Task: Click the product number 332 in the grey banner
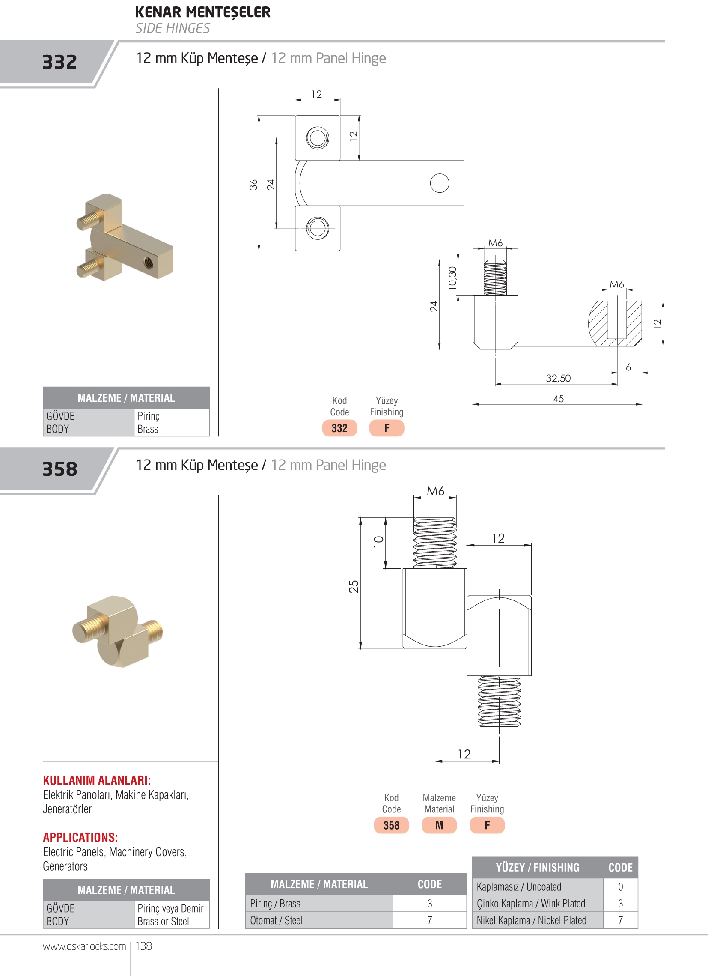point(59,62)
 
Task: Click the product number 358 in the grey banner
point(59,469)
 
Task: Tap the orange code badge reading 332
point(339,428)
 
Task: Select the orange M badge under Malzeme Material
point(439,825)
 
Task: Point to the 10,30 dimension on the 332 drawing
point(452,278)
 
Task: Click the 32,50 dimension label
point(558,378)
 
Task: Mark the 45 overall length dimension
point(558,398)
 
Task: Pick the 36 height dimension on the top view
point(253,185)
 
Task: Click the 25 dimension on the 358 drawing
point(354,587)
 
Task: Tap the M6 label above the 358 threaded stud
point(435,491)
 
